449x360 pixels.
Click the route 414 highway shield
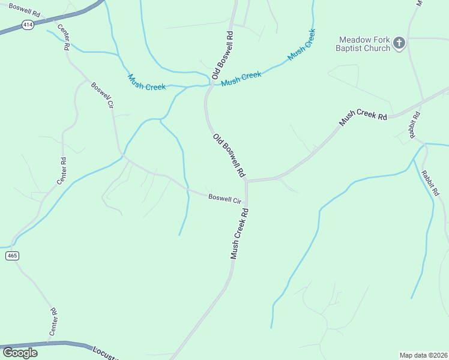tap(27, 25)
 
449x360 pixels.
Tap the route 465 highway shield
tap(13, 256)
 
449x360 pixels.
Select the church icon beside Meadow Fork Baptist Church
tap(399, 43)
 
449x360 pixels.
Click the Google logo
tap(20, 352)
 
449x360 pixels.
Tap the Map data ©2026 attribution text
tap(423, 355)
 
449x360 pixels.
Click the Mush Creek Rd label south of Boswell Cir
tap(239, 234)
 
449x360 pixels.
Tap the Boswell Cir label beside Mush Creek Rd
tap(224, 197)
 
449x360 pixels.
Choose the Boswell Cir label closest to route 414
tap(102, 95)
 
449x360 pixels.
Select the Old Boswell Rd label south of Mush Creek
tap(229, 155)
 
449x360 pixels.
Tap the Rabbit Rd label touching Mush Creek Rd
tap(414, 125)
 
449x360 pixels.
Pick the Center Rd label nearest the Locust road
tap(53, 322)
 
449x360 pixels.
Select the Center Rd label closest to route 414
tap(63, 37)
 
